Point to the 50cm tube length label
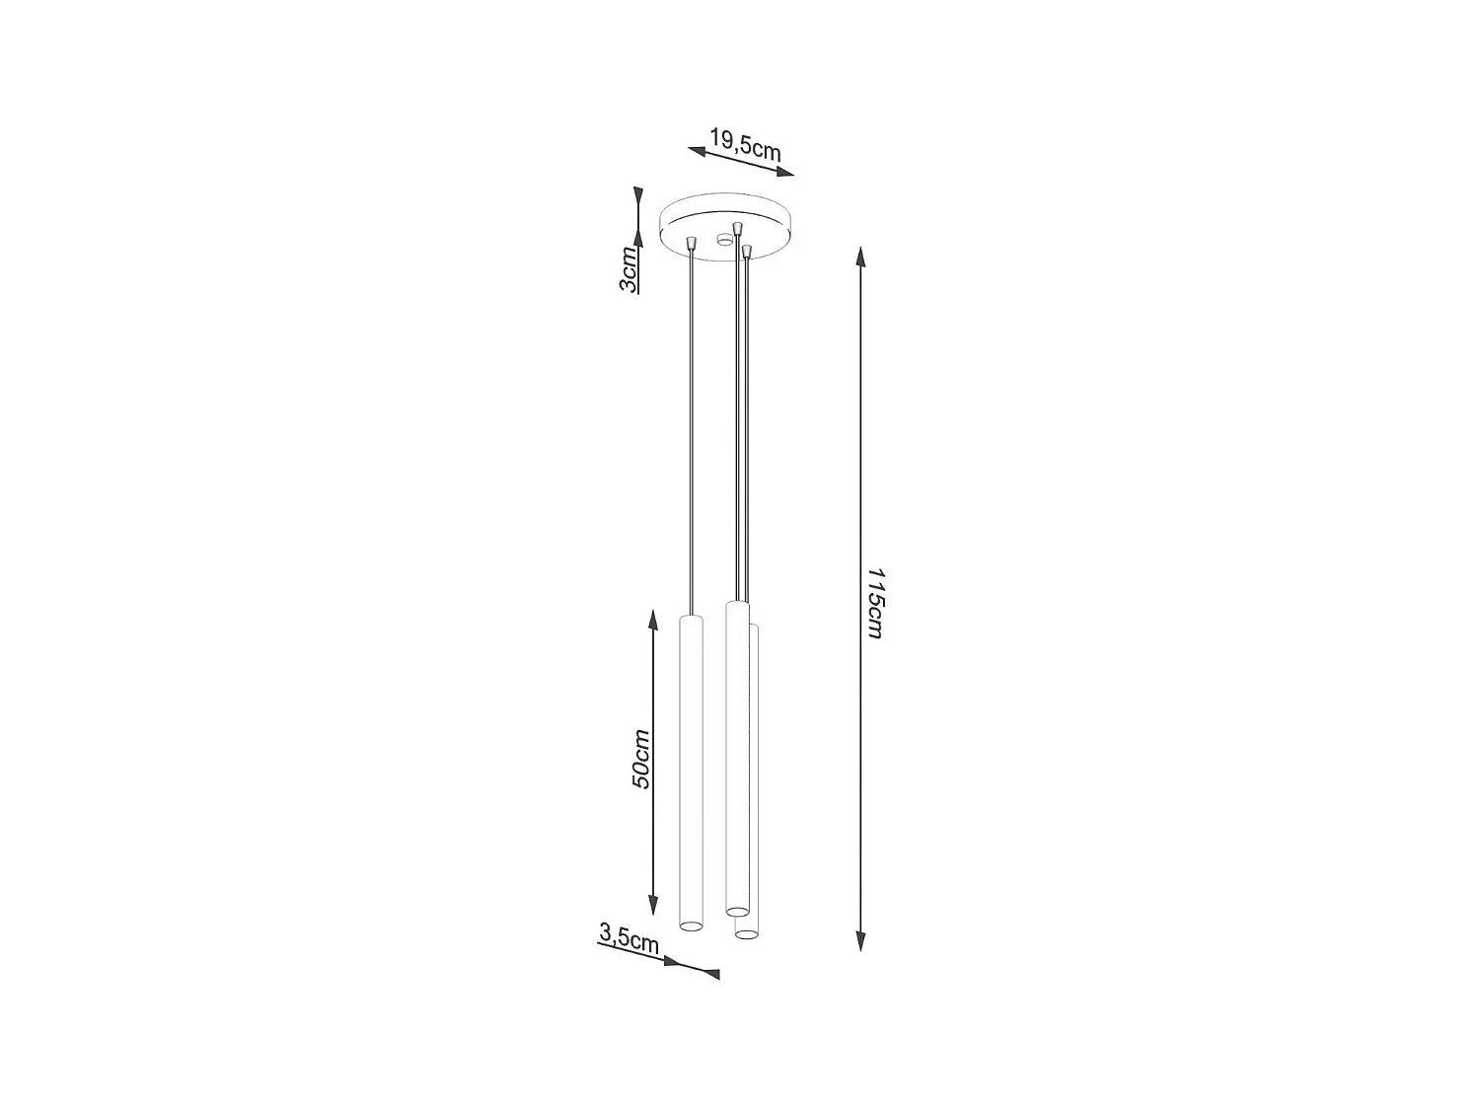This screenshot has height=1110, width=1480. coord(640,759)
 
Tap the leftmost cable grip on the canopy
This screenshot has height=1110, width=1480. coord(692,242)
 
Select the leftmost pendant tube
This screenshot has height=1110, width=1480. coord(691,770)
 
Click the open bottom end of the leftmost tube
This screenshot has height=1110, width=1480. coord(691,925)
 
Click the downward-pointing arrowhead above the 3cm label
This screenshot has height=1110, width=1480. coord(638,196)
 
